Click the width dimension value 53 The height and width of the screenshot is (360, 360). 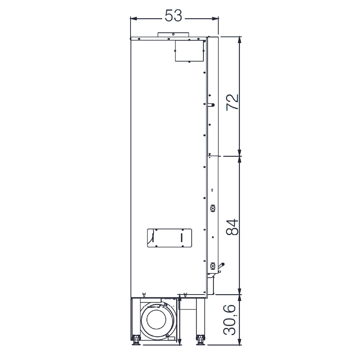tap(173, 16)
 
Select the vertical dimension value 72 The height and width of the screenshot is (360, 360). tap(232, 102)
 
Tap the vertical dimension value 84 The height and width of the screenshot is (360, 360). tap(232, 227)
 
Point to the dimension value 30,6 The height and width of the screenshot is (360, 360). tap(229, 319)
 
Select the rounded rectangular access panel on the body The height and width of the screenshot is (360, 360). tap(170, 238)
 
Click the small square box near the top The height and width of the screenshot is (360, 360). tap(189, 51)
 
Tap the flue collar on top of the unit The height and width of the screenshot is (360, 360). tap(173, 35)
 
